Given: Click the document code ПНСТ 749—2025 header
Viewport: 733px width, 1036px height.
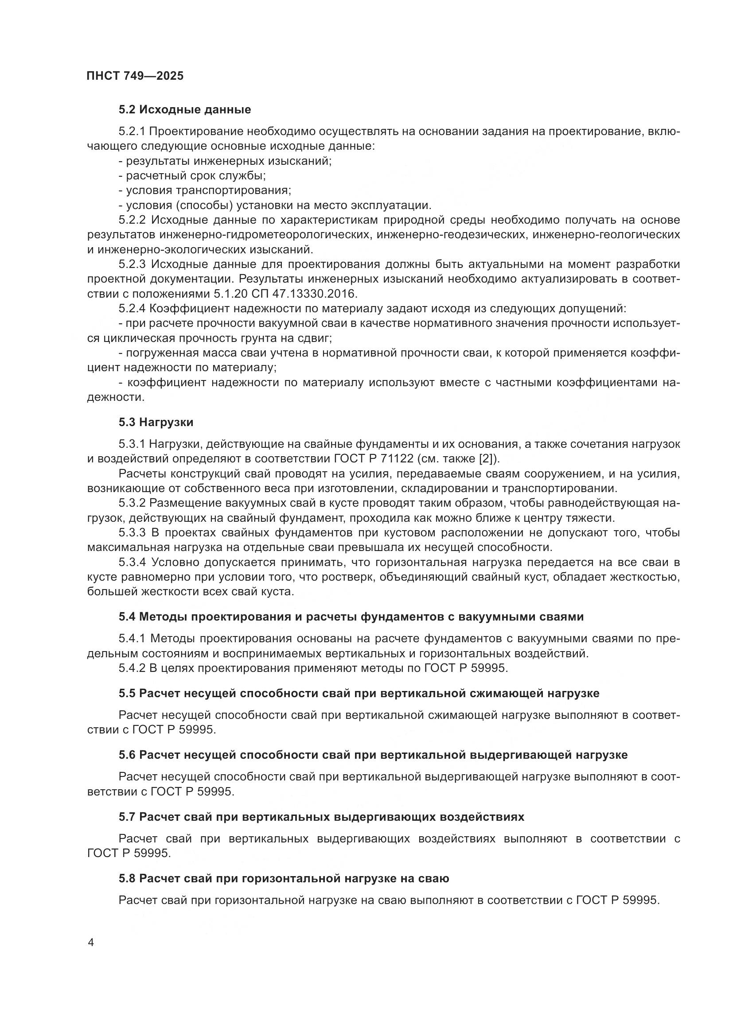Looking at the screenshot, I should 135,76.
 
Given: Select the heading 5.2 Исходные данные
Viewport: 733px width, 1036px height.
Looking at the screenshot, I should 185,110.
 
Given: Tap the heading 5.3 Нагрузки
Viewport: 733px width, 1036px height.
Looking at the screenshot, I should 156,423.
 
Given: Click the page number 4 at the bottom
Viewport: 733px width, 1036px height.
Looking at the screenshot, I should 91,943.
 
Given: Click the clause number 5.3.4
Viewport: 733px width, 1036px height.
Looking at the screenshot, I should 132,562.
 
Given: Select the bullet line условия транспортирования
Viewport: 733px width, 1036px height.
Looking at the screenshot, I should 205,190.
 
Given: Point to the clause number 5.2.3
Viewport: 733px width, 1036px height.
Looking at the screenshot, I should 132,264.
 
